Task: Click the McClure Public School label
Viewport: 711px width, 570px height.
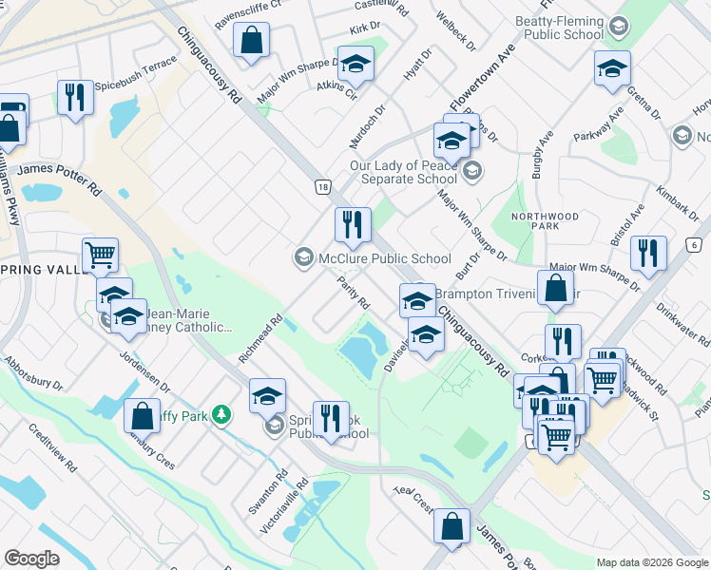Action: click(384, 258)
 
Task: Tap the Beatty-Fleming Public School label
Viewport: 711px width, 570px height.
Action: click(561, 28)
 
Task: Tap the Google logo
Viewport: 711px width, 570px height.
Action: click(31, 558)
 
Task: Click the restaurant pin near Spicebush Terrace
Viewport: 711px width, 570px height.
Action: click(74, 97)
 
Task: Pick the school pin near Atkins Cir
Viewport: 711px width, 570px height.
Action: click(355, 65)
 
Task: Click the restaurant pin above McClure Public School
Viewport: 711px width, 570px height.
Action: click(353, 224)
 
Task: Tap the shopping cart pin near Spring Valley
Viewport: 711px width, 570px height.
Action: click(100, 255)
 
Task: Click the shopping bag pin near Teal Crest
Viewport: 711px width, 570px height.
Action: click(452, 524)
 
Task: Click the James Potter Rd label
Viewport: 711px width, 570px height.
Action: click(59, 169)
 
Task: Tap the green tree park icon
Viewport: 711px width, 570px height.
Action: click(221, 414)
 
